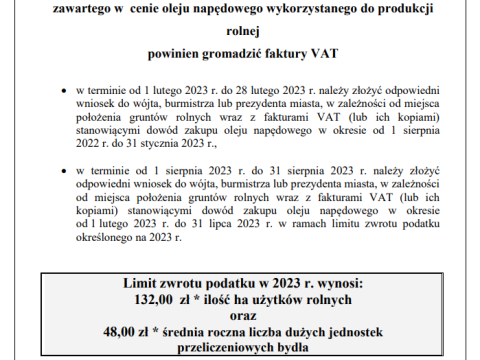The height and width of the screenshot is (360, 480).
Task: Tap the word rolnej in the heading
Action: [239, 30]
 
